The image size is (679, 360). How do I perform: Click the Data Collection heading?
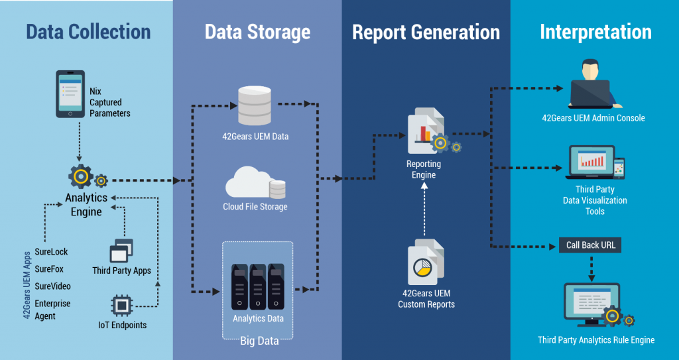click(x=88, y=31)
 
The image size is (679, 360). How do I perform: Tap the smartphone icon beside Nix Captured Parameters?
click(x=71, y=94)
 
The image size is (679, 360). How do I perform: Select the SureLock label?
click(x=51, y=253)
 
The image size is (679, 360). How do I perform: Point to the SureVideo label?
click(x=52, y=286)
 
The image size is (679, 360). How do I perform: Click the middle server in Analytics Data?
click(x=258, y=286)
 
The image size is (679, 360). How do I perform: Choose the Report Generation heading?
click(x=426, y=32)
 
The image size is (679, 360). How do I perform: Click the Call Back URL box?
click(x=590, y=245)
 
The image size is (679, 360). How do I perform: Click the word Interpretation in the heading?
click(x=595, y=32)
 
